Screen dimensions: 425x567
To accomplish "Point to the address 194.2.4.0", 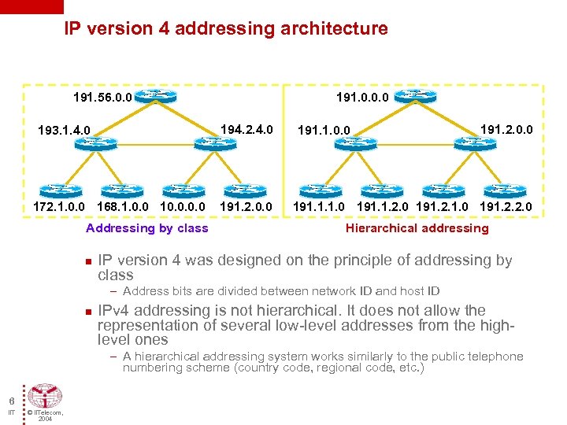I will click(x=246, y=126).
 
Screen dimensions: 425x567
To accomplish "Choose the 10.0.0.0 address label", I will click(x=182, y=208).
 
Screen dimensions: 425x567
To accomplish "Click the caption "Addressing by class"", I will click(x=146, y=228).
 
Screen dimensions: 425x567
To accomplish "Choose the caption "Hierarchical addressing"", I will click(x=417, y=228).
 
